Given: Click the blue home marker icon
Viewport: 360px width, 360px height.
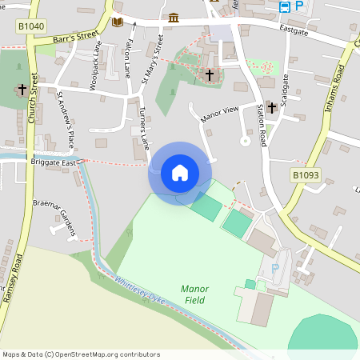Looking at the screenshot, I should (x=180, y=173).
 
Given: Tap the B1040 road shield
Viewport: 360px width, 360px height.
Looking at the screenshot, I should (x=30, y=26).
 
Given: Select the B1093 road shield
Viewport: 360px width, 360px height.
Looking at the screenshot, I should (x=304, y=174).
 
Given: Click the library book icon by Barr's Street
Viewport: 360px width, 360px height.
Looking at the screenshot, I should (x=118, y=22).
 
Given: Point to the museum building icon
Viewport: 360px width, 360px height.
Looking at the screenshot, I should (x=174, y=18).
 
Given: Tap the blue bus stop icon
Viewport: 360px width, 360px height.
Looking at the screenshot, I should (x=285, y=6).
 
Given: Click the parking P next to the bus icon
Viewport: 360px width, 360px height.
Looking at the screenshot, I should (x=299, y=6).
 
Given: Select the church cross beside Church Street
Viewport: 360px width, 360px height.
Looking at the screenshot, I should (x=22, y=90).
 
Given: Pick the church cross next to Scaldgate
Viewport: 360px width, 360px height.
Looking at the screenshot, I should (x=271, y=106).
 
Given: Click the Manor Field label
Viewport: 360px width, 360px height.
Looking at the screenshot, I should (x=194, y=294).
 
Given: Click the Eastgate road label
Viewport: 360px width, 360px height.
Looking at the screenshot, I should (x=294, y=32).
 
